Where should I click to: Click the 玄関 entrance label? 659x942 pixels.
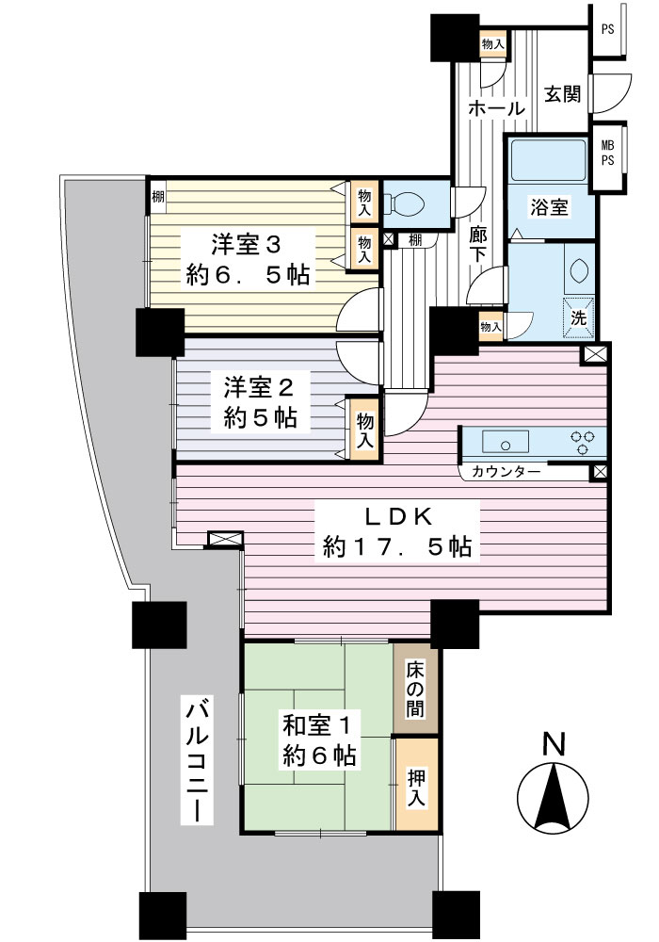562,95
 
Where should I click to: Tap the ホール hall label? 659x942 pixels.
496,109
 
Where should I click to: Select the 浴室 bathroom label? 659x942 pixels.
549,207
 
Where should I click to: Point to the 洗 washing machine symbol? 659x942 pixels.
579,316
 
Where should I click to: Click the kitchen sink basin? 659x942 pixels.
506,443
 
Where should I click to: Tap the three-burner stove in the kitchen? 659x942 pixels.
582,443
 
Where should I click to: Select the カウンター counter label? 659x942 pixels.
506,472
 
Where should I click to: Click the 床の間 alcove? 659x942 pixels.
416,689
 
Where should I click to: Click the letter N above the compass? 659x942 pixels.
554,744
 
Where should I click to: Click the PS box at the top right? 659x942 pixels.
607,29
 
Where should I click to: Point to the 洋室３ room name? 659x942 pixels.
247,246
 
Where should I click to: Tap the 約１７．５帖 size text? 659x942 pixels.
396,546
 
